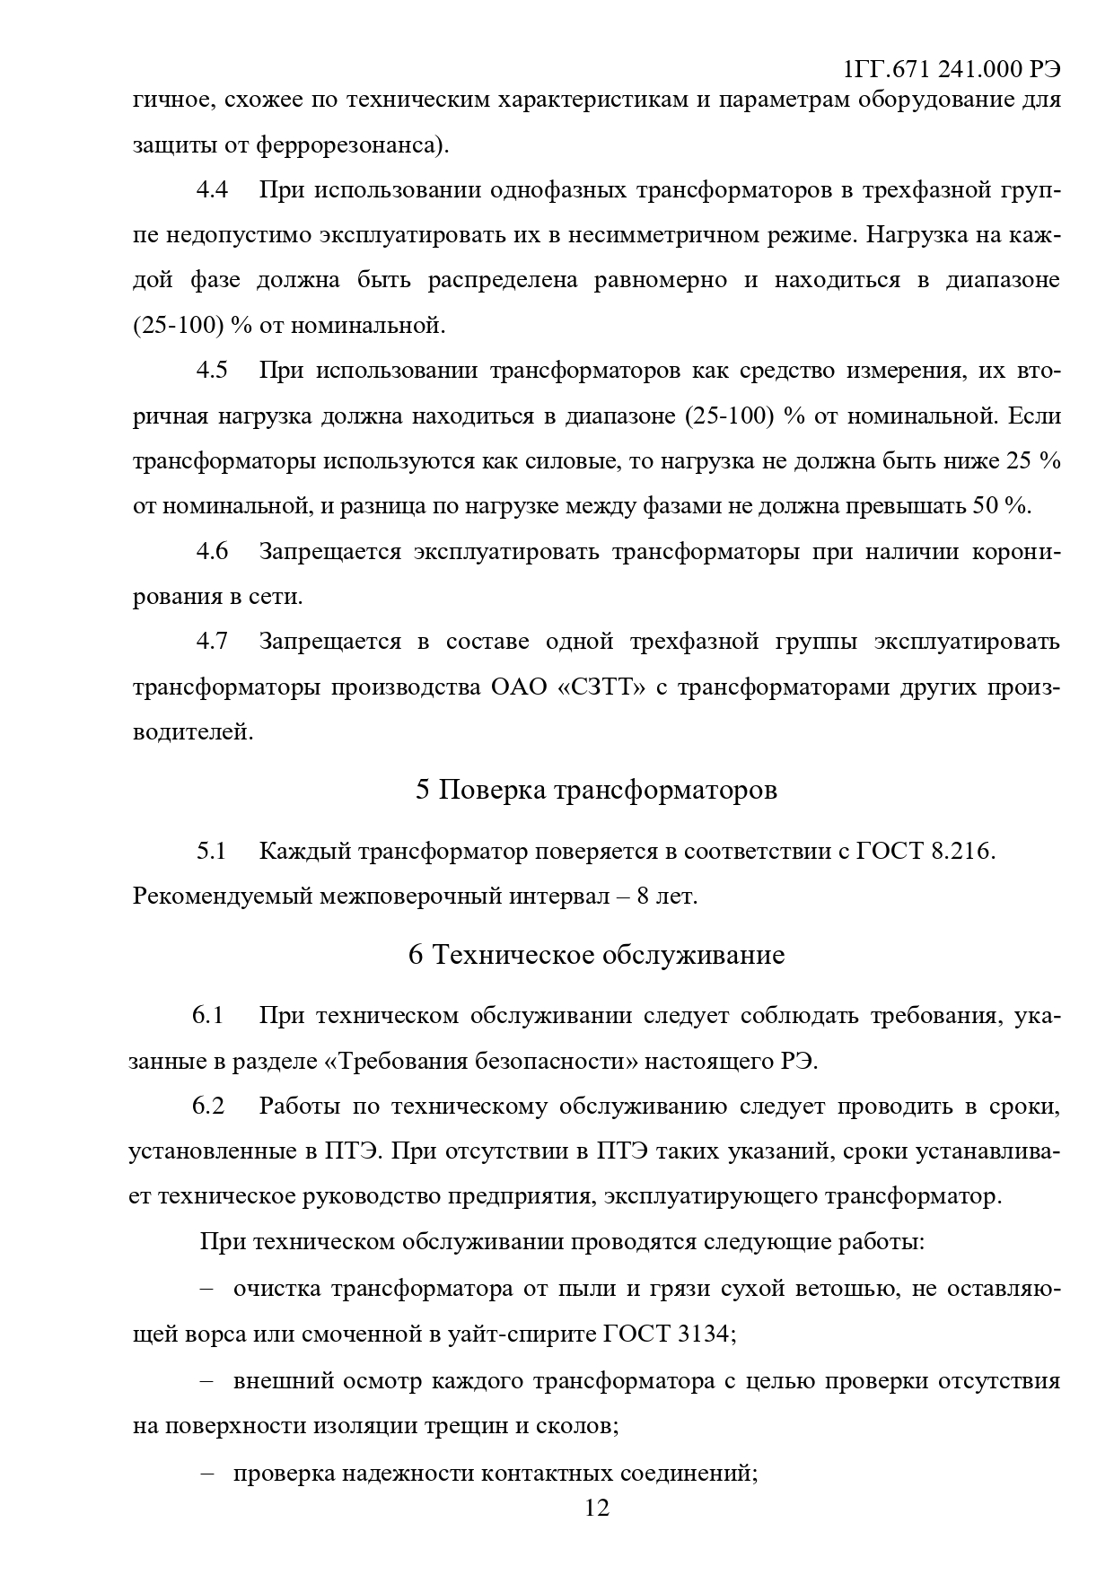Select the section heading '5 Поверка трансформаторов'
596,790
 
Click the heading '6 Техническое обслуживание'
596,954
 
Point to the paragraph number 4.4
212,190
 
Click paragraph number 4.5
212,371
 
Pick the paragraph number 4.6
212,551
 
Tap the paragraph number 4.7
212,642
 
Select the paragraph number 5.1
212,851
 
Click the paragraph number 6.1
207,1015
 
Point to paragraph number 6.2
207,1106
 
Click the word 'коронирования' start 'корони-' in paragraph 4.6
1015,551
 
